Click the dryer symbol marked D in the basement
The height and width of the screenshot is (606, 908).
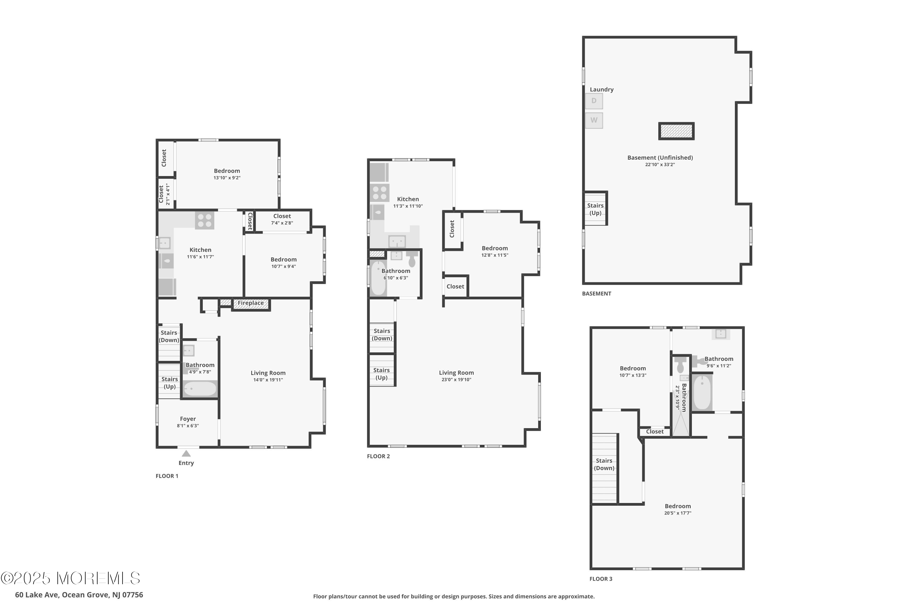pyautogui.click(x=594, y=101)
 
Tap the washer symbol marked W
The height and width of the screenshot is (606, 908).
pyautogui.click(x=594, y=120)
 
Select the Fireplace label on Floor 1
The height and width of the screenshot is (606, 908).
pyautogui.click(x=251, y=303)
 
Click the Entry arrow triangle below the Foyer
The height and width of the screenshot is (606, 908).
pyautogui.click(x=186, y=453)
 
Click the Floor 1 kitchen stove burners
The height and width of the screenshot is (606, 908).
pyautogui.click(x=205, y=220)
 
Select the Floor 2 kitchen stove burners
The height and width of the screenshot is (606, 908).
pyautogui.click(x=380, y=193)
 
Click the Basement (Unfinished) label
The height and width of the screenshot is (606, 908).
pyautogui.click(x=660, y=158)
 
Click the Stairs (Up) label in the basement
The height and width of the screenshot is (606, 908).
pyautogui.click(x=595, y=209)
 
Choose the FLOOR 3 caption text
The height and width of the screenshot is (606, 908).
pyautogui.click(x=601, y=578)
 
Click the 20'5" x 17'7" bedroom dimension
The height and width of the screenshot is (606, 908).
pyautogui.click(x=678, y=513)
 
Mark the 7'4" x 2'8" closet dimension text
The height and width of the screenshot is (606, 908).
pyautogui.click(x=282, y=223)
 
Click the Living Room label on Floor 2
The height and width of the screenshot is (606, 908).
pyautogui.click(x=456, y=373)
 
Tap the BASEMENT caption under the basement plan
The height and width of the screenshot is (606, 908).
pyautogui.click(x=597, y=293)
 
